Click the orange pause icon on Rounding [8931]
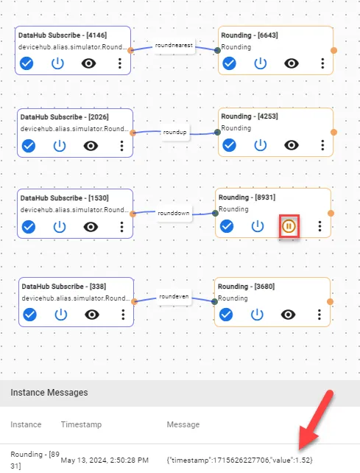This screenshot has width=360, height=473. click(289, 226)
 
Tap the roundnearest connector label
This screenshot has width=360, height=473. click(174, 46)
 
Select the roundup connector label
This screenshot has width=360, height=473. click(175, 132)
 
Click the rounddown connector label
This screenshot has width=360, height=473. click(173, 213)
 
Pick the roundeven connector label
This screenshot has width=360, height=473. click(174, 296)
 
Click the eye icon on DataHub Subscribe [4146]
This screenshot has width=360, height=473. click(88, 63)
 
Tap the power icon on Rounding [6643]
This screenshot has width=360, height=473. click(260, 63)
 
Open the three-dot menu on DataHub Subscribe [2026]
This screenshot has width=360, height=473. click(121, 146)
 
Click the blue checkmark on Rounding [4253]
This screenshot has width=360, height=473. click(229, 145)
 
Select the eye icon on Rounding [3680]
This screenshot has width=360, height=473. click(289, 315)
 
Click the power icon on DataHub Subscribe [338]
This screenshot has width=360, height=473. click(60, 315)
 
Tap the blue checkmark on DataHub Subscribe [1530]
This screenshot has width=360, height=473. click(29, 227)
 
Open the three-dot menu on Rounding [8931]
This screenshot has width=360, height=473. click(320, 226)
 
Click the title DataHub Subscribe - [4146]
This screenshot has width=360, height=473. click(63, 35)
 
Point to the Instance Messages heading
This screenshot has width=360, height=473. click(49, 393)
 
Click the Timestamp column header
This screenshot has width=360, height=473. click(82, 424)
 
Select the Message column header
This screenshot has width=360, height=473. click(183, 424)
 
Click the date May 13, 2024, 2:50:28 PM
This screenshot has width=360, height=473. click(105, 460)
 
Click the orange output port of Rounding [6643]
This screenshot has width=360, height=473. click(333, 50)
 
